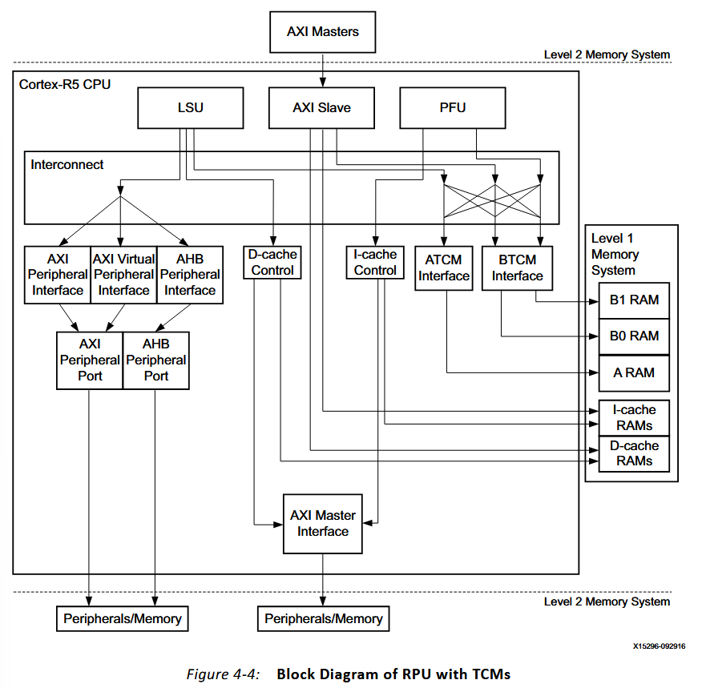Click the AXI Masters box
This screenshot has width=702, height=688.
(x=322, y=32)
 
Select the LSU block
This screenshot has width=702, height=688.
(x=190, y=107)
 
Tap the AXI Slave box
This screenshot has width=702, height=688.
(x=321, y=107)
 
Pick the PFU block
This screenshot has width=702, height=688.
(x=453, y=107)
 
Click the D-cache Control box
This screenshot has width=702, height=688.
(x=273, y=262)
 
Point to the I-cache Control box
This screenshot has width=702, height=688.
(x=375, y=262)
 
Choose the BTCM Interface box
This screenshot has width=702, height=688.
(x=517, y=268)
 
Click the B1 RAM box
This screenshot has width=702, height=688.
(x=633, y=300)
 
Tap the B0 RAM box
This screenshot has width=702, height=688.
(x=633, y=336)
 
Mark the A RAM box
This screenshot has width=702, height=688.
(x=633, y=372)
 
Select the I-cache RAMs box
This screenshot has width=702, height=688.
(x=633, y=418)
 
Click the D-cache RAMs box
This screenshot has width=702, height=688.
(x=633, y=453)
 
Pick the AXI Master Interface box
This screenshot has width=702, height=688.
(x=323, y=523)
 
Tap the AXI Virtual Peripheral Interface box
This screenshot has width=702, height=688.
(x=123, y=274)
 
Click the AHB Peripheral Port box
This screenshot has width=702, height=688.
(x=156, y=360)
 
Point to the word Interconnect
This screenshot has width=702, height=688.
(x=67, y=164)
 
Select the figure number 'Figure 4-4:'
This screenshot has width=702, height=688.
(x=223, y=674)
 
